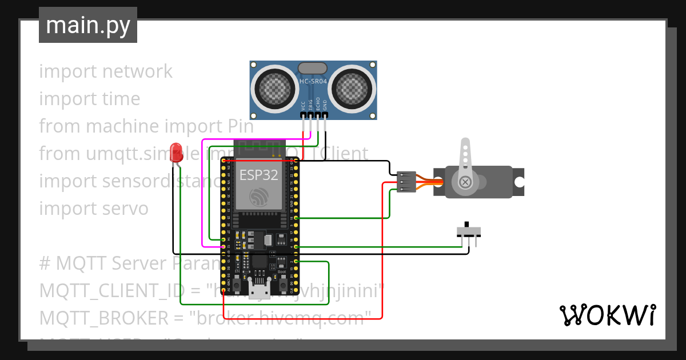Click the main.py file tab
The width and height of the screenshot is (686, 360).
tap(88, 25)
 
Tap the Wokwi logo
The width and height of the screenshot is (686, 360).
tap(607, 315)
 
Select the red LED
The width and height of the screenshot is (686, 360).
tap(176, 151)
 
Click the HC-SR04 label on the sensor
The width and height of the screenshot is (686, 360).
tap(313, 82)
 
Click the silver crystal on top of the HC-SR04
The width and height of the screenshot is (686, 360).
tap(313, 67)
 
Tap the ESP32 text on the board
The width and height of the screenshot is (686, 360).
tap(258, 175)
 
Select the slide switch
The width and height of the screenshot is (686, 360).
tap(469, 231)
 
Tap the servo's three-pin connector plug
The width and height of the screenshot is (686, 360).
tap(405, 182)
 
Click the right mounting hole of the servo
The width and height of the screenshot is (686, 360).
tap(519, 182)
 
